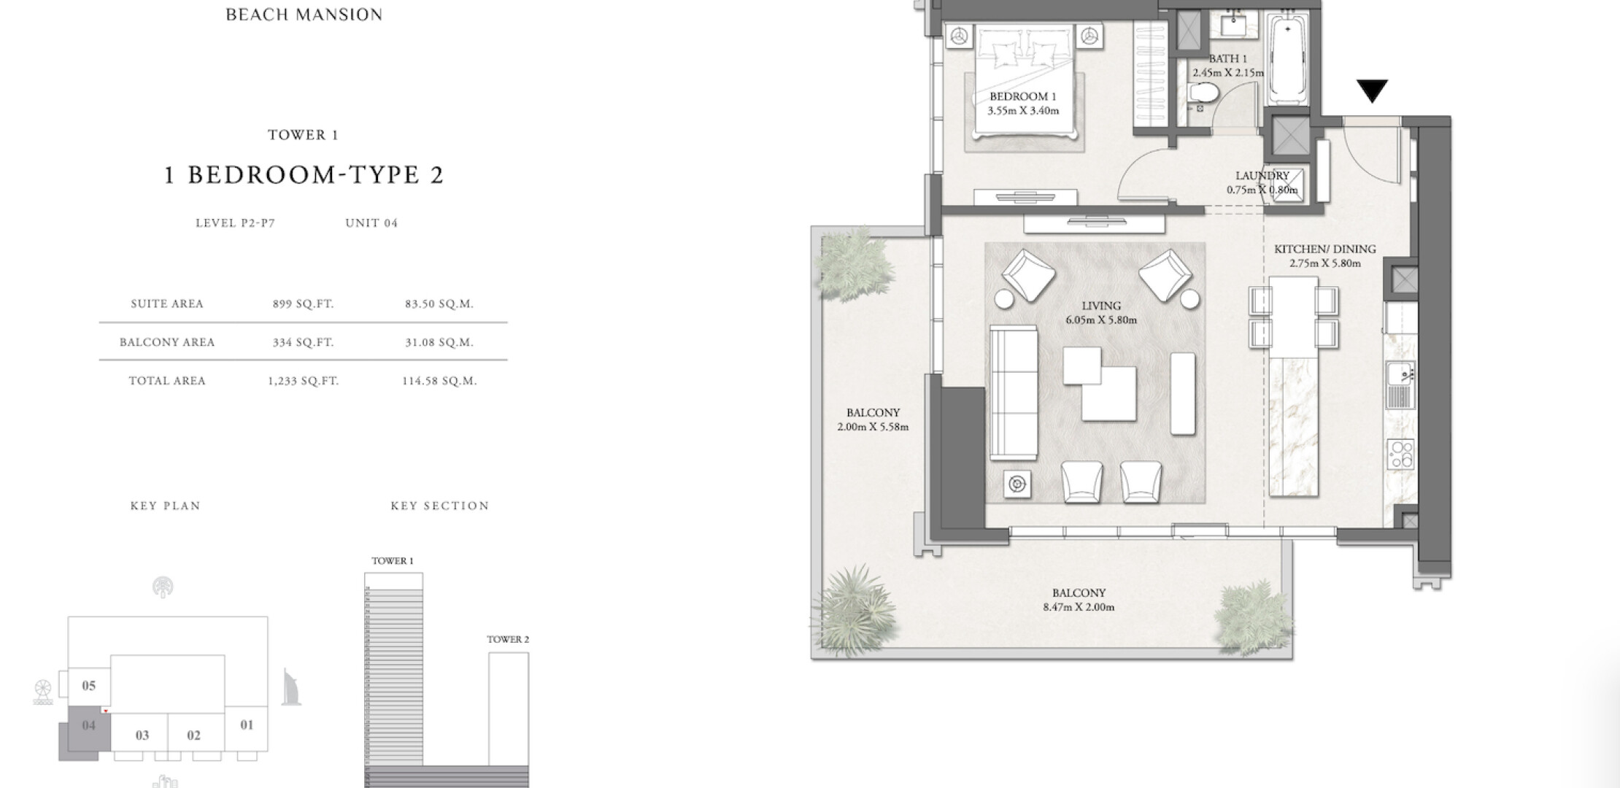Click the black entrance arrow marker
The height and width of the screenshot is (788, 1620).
tap(1372, 90)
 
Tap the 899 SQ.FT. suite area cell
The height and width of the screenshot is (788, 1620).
tap(303, 304)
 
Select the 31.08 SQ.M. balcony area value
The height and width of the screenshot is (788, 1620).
tap(439, 342)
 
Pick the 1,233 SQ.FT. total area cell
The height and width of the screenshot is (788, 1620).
tap(303, 381)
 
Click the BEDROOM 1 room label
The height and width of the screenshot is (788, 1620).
tap(1023, 96)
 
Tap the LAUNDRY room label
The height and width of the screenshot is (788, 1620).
tap(1262, 176)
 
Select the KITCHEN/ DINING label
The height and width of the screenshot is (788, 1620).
tap(1325, 249)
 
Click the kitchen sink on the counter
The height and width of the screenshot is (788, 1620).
tap(1401, 384)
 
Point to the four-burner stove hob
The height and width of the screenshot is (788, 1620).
tap(1401, 453)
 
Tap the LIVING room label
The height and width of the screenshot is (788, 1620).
tap(1101, 306)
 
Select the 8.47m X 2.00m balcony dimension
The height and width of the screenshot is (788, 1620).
tap(1079, 607)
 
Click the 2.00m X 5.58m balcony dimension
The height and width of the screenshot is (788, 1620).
tap(873, 427)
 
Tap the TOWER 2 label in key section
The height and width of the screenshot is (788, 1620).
tap(508, 639)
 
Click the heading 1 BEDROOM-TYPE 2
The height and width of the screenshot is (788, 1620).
tap(304, 175)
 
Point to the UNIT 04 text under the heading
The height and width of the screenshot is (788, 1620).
tap(371, 223)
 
